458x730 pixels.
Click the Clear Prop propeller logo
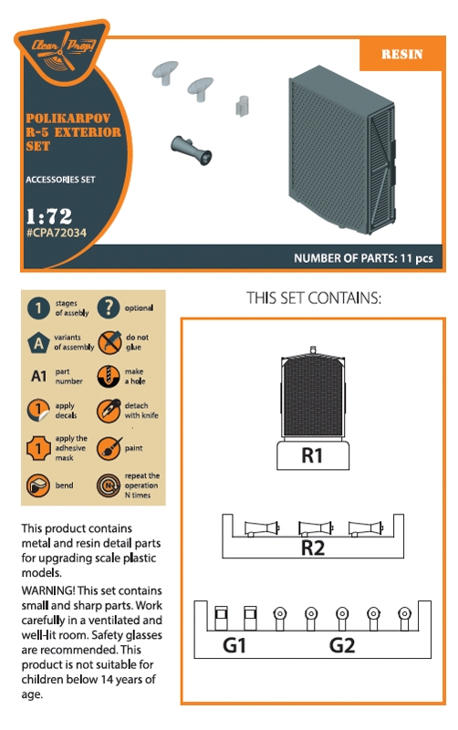tap(62, 51)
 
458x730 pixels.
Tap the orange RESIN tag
tap(401, 54)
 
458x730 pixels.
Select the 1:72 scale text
tap(49, 216)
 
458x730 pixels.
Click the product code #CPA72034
tap(57, 233)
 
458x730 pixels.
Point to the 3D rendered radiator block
tap(342, 151)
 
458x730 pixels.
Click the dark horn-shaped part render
tap(192, 150)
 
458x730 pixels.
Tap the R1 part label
tap(312, 455)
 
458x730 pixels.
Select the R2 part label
tap(312, 547)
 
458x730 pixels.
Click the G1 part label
tap(234, 645)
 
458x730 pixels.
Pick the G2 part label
tap(341, 645)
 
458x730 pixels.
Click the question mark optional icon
tap(109, 308)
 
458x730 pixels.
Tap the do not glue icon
tap(109, 342)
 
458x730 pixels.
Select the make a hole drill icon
tap(109, 376)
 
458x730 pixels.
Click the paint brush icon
tap(109, 448)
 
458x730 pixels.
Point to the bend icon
tap(38, 485)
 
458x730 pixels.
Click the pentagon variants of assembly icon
tap(38, 343)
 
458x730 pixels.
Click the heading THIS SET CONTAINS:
tap(314, 298)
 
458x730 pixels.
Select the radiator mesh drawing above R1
tap(313, 396)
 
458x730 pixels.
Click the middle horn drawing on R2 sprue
tap(316, 528)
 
